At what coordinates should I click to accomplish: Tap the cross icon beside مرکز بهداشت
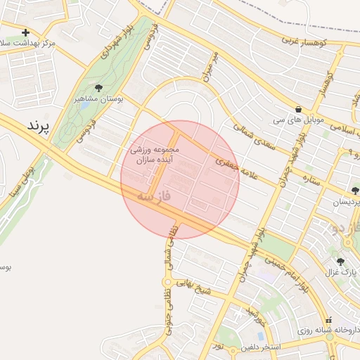pyautogui.click(x=26, y=32)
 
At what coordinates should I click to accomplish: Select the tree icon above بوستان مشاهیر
pyautogui.click(x=98, y=89)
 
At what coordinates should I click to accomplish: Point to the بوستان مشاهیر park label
pyautogui.click(x=98, y=100)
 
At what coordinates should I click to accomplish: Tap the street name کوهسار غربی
pyautogui.click(x=307, y=42)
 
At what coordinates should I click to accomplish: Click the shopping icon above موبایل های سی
pyautogui.click(x=300, y=110)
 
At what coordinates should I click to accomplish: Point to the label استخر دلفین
pyautogui.click(x=261, y=347)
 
